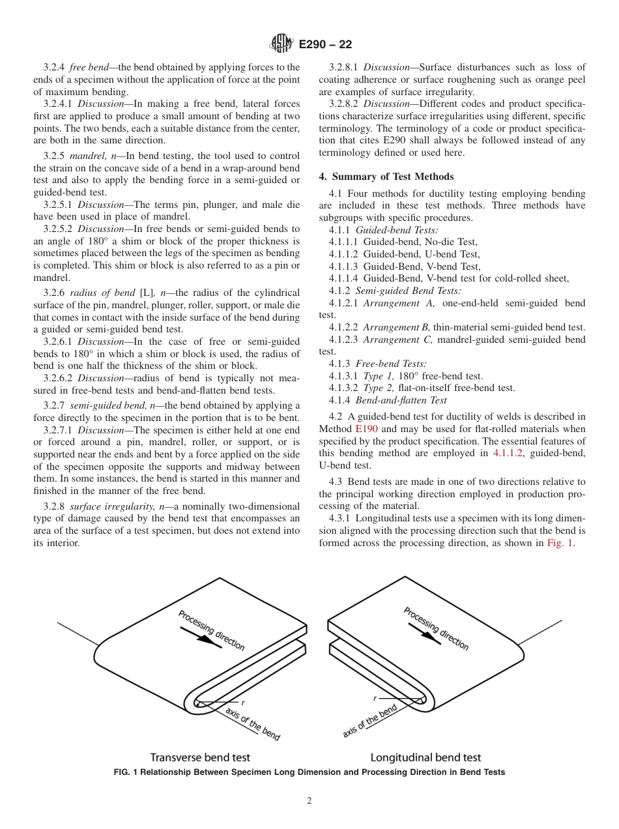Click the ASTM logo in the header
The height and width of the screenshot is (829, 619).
click(x=282, y=44)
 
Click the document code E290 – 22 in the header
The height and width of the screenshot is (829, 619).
click(x=325, y=44)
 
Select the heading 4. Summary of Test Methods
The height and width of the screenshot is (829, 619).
click(x=386, y=177)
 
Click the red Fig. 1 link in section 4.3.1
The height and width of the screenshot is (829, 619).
click(x=560, y=543)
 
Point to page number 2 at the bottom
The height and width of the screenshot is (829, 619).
click(x=309, y=801)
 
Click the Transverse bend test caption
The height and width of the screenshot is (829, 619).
click(x=200, y=757)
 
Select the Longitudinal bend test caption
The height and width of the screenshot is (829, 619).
click(x=425, y=757)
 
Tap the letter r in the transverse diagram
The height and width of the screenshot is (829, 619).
click(x=243, y=703)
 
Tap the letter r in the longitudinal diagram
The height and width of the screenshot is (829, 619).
click(x=375, y=698)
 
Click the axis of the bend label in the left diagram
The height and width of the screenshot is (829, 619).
click(x=253, y=723)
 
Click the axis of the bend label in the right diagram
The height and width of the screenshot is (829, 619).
click(x=369, y=721)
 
